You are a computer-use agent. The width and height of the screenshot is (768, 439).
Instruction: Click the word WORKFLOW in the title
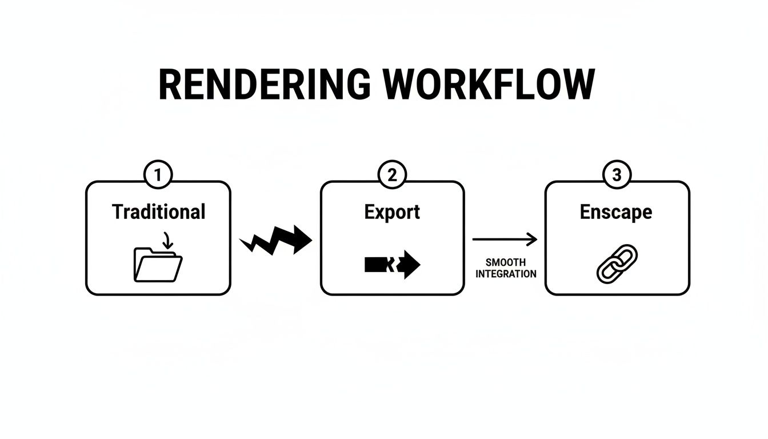(489, 86)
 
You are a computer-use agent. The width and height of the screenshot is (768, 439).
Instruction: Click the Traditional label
(158, 212)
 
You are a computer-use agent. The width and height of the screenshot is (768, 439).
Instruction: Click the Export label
(392, 212)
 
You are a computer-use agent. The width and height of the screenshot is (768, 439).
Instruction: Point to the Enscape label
(616, 212)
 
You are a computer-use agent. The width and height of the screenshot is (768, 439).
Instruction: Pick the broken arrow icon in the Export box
(392, 265)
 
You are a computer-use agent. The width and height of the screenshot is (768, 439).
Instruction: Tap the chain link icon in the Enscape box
(617, 264)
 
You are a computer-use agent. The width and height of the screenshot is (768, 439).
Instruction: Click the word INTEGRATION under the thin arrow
(506, 274)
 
